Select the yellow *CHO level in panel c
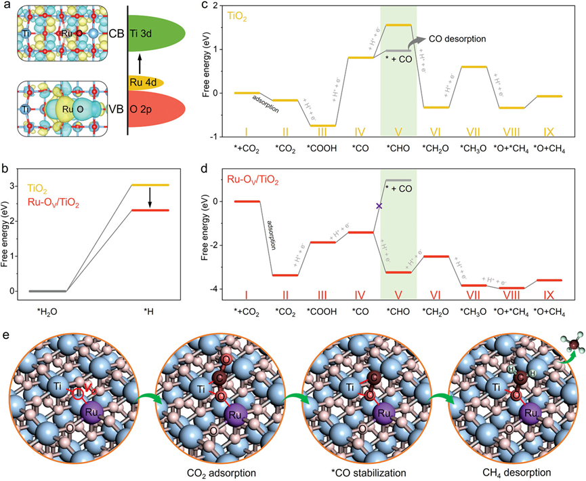point(398,25)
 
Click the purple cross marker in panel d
point(379,206)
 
